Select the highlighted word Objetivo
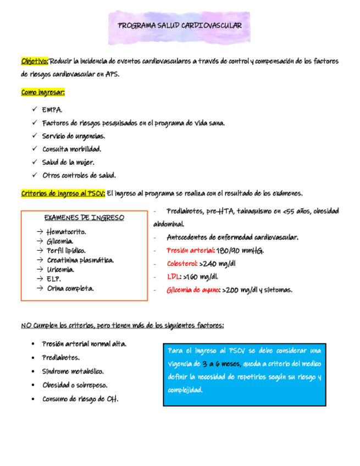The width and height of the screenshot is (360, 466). click(35, 61)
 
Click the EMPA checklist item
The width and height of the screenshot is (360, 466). click(52, 110)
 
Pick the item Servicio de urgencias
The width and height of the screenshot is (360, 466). click(74, 136)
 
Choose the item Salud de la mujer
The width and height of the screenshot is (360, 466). click(68, 162)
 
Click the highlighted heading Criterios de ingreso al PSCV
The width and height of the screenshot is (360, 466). click(63, 193)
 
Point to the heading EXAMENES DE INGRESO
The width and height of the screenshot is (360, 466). click(84, 218)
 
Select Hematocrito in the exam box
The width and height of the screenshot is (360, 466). click(66, 231)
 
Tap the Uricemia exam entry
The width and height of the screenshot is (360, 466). click(60, 269)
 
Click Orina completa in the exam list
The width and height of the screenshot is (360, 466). click(70, 288)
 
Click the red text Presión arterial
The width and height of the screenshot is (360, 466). click(190, 251)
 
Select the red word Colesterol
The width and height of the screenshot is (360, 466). click(182, 264)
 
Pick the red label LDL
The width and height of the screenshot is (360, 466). click(173, 277)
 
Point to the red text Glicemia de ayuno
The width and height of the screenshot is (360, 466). click(193, 290)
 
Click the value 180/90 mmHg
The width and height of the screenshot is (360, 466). click(240, 251)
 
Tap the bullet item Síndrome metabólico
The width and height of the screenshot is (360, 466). click(73, 371)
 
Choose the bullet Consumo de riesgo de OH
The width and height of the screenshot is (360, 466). click(80, 399)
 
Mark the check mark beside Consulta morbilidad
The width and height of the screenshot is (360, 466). click(35, 149)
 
